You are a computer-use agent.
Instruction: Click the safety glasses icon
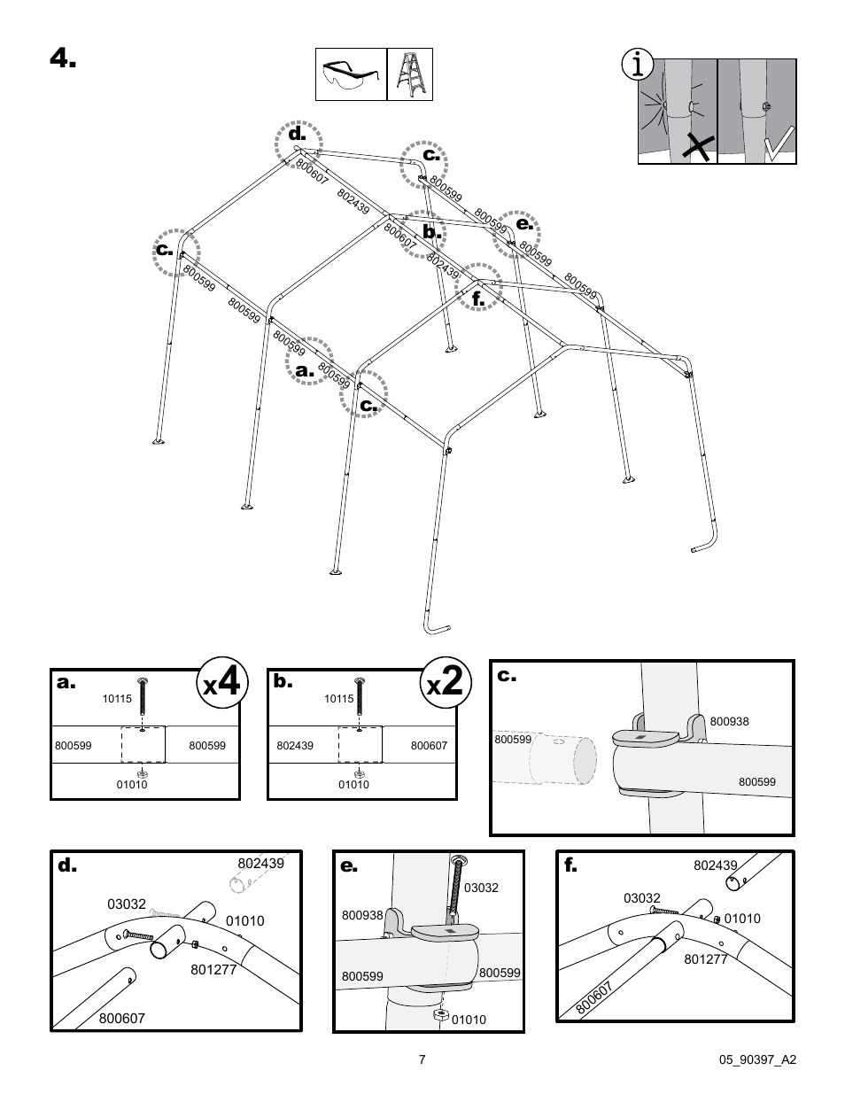351,74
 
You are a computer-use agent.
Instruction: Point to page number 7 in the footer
422,1059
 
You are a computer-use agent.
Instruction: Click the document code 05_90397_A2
759,1059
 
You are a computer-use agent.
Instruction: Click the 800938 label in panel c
729,721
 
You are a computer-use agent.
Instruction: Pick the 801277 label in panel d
213,969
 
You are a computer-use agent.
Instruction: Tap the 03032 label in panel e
481,888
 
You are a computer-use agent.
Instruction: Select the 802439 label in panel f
715,865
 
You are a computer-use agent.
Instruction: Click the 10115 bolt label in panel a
116,699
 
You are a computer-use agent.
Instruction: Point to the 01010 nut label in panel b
353,784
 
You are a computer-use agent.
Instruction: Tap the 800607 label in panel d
121,1019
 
